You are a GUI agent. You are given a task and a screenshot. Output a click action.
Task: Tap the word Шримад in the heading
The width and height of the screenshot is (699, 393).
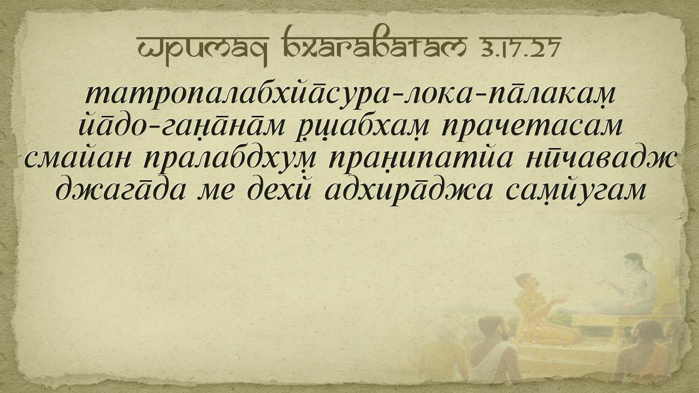click(203, 50)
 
